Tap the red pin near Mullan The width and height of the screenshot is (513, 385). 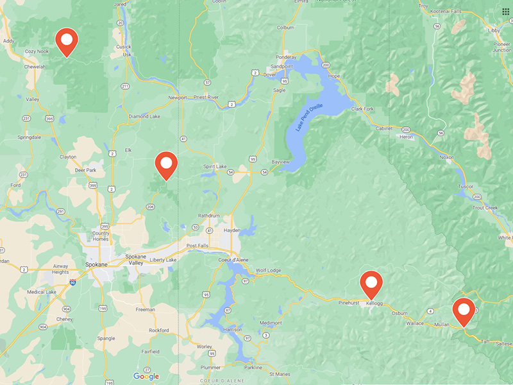[x=464, y=311]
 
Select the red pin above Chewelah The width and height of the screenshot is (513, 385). [x=67, y=42]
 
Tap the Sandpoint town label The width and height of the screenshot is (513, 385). [x=281, y=66]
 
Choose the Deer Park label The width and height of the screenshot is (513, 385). [x=85, y=170]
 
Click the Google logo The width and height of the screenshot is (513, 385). [x=146, y=377]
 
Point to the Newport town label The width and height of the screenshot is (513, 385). [x=177, y=98]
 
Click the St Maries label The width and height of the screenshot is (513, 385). [x=280, y=373]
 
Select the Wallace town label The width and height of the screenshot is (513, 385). [x=416, y=323]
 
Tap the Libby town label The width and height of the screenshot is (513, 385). [x=494, y=30]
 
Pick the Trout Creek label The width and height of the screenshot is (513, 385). [x=485, y=207]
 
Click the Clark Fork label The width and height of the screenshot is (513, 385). [x=362, y=109]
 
